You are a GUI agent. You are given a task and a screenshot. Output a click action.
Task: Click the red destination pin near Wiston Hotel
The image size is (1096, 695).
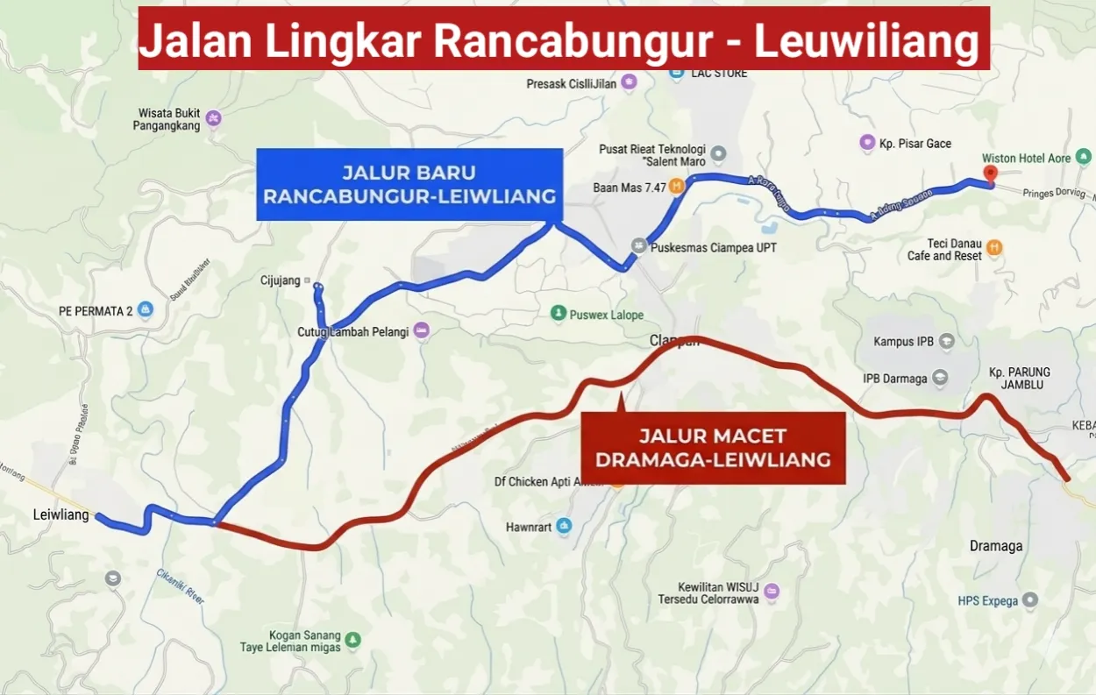991,173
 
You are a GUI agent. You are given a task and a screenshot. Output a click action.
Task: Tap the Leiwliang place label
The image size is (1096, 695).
60,514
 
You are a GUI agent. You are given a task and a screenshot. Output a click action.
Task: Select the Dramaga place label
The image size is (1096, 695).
996,546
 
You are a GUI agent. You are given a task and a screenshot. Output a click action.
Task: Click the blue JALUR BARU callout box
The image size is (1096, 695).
410,184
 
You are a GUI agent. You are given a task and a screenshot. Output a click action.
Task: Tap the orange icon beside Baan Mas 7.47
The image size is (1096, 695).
677,186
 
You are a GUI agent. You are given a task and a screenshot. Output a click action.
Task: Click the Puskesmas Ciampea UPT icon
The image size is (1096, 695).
639,247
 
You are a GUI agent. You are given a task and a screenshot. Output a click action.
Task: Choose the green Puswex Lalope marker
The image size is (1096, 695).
558,314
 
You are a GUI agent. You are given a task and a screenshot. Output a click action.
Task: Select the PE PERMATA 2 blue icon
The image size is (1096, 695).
146,309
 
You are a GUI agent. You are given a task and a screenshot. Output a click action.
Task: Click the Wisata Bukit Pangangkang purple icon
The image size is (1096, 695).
213,117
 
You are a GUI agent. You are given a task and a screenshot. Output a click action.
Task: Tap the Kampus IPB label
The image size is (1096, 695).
903,342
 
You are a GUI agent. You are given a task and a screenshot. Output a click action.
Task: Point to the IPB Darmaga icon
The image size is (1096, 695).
940,379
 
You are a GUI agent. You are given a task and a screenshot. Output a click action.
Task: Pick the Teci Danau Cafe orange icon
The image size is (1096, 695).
993,248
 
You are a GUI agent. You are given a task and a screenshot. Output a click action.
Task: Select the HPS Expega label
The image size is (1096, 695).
987,601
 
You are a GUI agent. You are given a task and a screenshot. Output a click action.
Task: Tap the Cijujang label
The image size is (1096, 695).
281,280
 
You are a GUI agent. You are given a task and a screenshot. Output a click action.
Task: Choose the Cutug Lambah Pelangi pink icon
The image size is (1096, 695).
422,330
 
